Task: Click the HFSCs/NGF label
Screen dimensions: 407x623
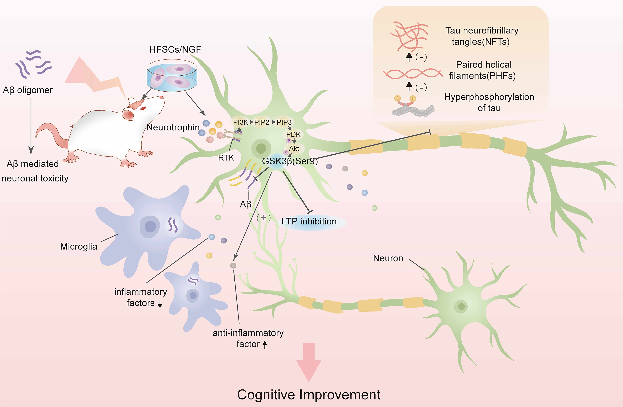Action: [x=175, y=49]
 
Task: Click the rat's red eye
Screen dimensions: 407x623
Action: [x=143, y=108]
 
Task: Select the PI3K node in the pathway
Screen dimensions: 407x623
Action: [x=240, y=122]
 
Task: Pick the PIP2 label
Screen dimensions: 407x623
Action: [x=262, y=122]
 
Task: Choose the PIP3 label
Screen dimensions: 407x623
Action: [x=284, y=122]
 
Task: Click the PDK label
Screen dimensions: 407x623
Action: [x=293, y=134]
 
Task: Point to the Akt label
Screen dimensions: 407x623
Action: [x=294, y=148]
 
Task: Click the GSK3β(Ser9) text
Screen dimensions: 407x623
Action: [x=290, y=161]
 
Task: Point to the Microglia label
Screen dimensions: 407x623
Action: [x=79, y=247]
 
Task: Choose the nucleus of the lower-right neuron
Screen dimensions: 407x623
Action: [x=461, y=306]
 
